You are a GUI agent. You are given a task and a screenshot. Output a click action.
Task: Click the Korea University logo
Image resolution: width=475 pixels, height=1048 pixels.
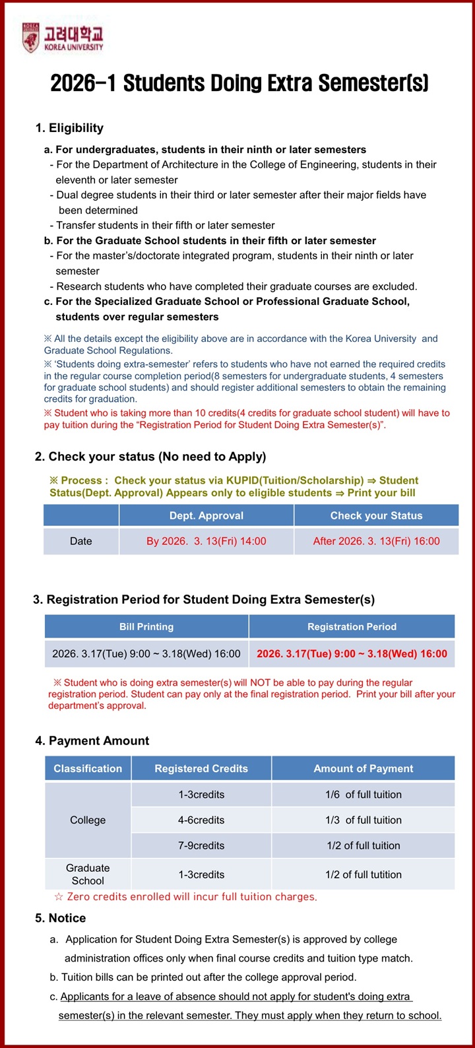click(63, 38)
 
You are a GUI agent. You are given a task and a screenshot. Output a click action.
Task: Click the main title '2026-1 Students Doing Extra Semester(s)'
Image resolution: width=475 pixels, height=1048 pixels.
click(239, 83)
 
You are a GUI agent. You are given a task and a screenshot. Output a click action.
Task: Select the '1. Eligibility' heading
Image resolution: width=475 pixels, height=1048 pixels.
click(69, 128)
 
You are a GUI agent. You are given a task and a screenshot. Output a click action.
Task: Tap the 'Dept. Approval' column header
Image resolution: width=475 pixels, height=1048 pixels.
click(206, 515)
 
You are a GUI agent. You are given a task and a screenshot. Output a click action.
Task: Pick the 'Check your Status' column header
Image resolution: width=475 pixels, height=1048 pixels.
click(376, 515)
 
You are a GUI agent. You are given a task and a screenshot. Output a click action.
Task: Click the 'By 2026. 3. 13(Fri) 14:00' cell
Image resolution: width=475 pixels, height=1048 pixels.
click(206, 541)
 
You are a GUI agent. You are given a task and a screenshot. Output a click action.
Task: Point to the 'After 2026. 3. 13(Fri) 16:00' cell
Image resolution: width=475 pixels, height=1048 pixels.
click(376, 541)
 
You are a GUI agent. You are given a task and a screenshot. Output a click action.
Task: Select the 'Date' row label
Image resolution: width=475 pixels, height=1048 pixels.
click(81, 541)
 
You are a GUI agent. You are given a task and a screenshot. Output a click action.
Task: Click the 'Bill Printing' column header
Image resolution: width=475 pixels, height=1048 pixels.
click(146, 626)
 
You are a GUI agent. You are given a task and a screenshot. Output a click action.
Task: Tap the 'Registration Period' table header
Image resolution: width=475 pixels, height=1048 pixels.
click(352, 626)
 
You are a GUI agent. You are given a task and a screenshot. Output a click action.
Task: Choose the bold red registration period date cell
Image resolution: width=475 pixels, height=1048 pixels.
click(352, 654)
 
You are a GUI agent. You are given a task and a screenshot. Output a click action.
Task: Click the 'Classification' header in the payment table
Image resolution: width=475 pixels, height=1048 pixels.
click(88, 768)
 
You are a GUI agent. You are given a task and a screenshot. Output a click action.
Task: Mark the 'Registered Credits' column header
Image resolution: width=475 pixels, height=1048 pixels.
click(201, 768)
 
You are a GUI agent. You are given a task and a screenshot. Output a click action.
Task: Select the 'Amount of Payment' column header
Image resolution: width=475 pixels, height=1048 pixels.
click(363, 768)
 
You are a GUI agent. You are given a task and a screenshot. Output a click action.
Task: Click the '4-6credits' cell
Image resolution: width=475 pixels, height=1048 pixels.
click(201, 820)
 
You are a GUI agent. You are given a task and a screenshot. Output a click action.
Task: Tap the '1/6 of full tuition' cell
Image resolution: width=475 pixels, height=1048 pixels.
click(363, 795)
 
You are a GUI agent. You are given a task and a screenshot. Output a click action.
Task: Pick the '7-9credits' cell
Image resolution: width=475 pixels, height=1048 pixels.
click(201, 845)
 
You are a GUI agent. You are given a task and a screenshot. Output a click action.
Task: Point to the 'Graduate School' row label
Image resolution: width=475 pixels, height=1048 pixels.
click(88, 874)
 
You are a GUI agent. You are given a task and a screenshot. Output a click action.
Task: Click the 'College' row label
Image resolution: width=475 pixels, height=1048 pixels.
click(88, 820)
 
